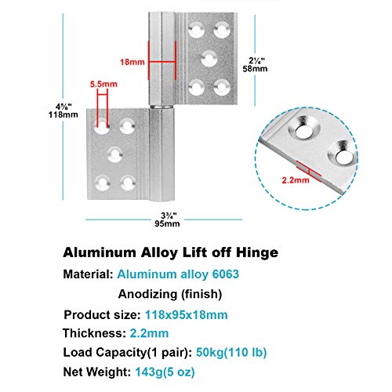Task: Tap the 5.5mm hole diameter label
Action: point(102,82)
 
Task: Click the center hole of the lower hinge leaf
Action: point(116,153)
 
